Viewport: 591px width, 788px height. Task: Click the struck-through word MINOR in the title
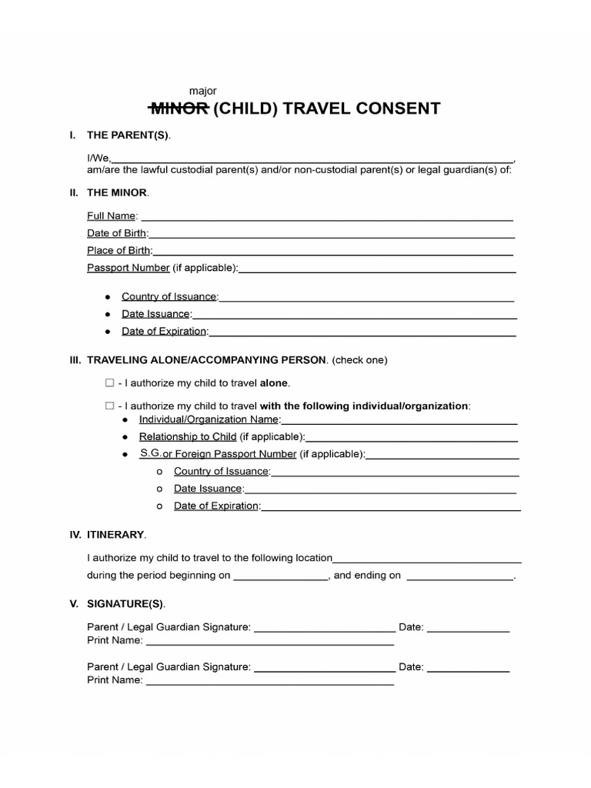[x=177, y=109]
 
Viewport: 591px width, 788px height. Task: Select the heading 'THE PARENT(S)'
[x=128, y=135]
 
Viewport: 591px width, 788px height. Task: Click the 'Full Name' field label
[x=112, y=215]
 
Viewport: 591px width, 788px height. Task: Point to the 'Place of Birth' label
[x=119, y=250]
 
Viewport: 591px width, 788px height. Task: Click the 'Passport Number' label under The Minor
[x=128, y=268]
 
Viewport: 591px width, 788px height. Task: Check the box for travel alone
[x=109, y=382]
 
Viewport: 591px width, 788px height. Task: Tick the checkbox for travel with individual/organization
[x=109, y=406]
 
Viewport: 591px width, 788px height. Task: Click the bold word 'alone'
[x=275, y=382]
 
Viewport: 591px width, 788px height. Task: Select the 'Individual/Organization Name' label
[x=209, y=419]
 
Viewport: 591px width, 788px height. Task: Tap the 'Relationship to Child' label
[x=187, y=436]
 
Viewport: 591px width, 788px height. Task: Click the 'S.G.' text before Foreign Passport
[x=150, y=453]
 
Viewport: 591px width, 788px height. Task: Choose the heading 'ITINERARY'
[x=115, y=534]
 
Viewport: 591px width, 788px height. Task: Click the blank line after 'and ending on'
[x=459, y=576]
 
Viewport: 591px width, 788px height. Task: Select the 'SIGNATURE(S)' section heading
[x=125, y=603]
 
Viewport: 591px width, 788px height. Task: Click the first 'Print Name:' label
[x=115, y=640]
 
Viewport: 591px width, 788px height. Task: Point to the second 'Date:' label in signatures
[x=411, y=667]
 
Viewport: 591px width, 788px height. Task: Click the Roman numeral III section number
[x=75, y=359]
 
